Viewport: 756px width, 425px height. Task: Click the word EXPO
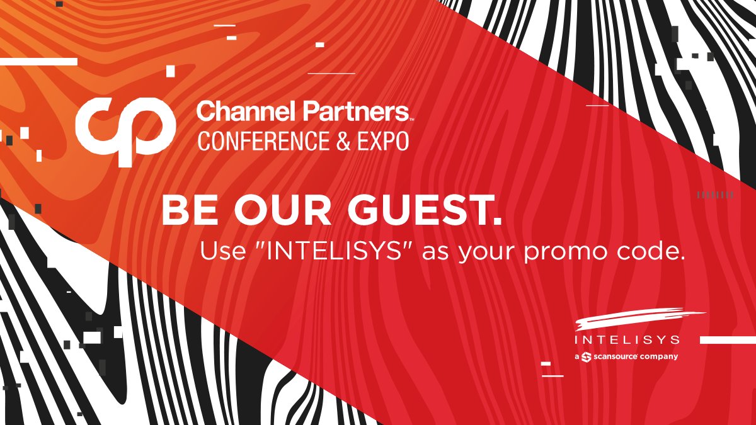pos(381,140)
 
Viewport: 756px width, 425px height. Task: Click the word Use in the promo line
pos(220,251)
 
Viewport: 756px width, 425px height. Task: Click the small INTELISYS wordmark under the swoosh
pos(627,340)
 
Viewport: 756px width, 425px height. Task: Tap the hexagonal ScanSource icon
pos(587,357)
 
